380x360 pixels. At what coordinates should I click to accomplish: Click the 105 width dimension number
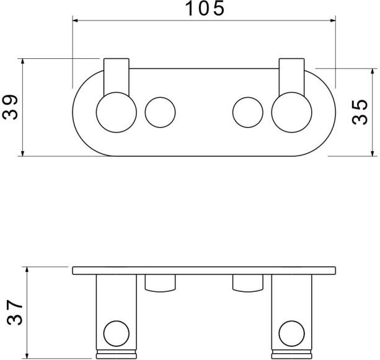point(205,9)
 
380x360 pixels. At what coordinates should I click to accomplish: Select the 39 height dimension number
point(10,107)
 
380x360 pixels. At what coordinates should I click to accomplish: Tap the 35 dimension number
point(360,112)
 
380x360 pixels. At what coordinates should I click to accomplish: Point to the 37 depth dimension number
point(14,312)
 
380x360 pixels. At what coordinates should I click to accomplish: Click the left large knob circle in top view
point(117,112)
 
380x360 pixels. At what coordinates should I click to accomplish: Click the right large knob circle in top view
point(292,112)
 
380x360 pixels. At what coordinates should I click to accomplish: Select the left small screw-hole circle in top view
point(160,112)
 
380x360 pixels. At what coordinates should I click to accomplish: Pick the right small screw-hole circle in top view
point(248,112)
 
